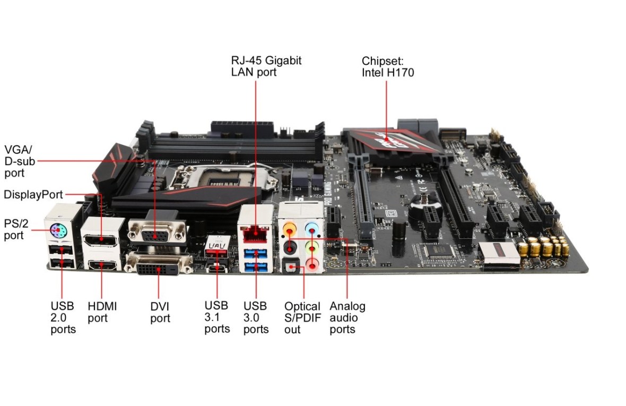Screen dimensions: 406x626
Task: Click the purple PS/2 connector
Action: point(59,230)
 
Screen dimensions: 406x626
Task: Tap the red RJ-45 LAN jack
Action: point(255,231)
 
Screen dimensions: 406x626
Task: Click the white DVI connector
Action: point(158,265)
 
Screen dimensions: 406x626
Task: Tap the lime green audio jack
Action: point(314,246)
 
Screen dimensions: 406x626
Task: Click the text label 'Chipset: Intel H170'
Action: point(387,66)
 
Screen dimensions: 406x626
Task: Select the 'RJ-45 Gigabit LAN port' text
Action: point(266,66)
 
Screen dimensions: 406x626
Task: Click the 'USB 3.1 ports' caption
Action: point(217,317)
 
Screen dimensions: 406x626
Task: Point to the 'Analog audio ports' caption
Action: point(347,317)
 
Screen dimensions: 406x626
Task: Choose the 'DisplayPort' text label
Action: point(33,195)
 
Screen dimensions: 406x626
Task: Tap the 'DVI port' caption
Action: point(160,312)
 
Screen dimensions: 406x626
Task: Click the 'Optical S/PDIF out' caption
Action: point(302,317)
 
